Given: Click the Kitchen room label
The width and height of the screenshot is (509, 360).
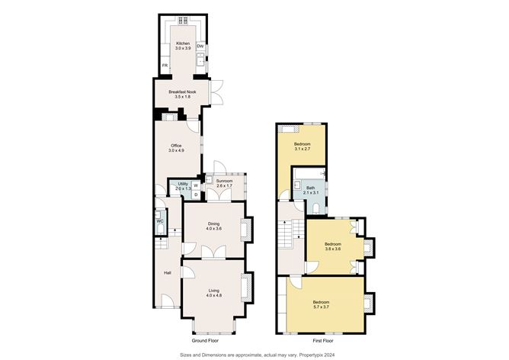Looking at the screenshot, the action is (x=183, y=43).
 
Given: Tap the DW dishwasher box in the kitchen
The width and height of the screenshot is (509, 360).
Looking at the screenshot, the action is (x=200, y=47).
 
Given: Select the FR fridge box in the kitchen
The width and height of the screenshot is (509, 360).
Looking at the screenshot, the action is (x=165, y=66).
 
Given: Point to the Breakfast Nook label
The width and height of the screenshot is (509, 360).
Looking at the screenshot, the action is (x=182, y=92).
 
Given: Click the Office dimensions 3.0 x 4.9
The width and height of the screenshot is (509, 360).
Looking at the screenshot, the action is (x=176, y=150).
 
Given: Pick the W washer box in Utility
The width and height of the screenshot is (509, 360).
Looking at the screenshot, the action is (x=196, y=185).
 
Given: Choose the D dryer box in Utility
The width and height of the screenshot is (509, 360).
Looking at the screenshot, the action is (x=196, y=194).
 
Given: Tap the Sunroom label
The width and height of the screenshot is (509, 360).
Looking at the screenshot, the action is (x=225, y=181).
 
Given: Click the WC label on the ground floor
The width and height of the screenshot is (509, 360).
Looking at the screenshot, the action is (x=160, y=221).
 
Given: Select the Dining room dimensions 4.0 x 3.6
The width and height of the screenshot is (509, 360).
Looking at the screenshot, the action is (x=213, y=228).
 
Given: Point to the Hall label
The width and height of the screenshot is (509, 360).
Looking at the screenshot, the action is (x=168, y=273).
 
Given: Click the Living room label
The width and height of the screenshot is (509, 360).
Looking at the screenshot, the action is (x=214, y=291).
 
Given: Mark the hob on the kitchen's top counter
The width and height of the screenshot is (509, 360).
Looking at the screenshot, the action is (x=183, y=21).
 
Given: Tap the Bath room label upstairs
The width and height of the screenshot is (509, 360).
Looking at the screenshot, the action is (x=311, y=188).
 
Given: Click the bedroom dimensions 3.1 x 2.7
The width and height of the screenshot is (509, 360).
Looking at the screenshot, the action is (x=303, y=149).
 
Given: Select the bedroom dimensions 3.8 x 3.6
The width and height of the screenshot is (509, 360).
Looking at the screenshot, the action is (x=333, y=249).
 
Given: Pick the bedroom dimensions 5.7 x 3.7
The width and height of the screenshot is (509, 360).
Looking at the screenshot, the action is (x=322, y=307).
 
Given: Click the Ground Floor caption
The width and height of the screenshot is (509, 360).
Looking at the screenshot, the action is (x=205, y=341).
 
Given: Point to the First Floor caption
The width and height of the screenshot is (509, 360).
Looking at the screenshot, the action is (x=323, y=341).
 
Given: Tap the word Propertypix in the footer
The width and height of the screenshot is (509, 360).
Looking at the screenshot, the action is (x=311, y=355).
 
